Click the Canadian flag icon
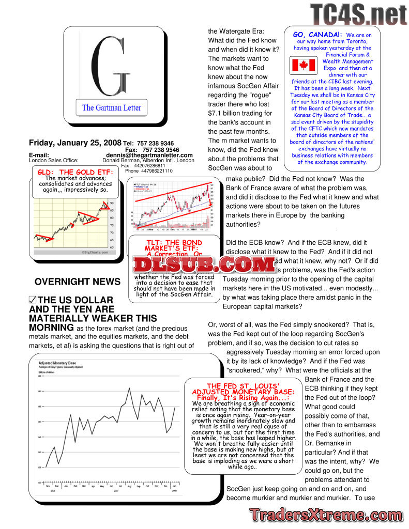pos(304,65)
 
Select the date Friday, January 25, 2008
pos(75,143)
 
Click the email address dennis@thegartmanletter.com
pos(149,155)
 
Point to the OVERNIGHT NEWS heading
pos(78,282)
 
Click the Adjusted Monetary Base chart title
pos(57,363)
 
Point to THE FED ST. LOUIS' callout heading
pos(243,385)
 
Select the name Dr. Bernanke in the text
pos(328,443)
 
